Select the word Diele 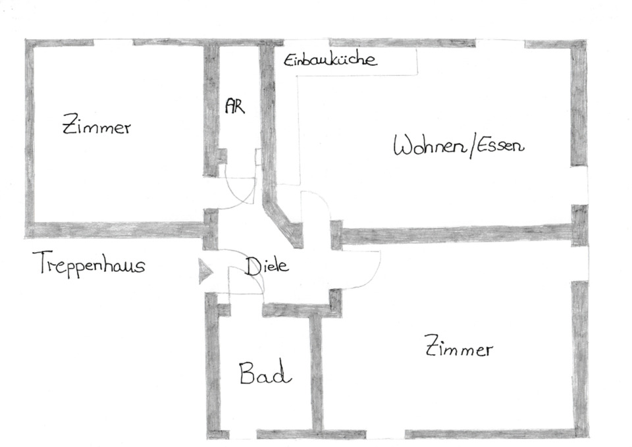(267, 267)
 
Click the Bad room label (264, 375)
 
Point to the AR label (234, 107)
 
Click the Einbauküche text (330, 61)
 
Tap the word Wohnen (429, 146)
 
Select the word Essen (501, 145)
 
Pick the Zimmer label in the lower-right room (459, 347)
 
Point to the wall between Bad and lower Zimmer (317, 372)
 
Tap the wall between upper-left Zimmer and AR (211, 109)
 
